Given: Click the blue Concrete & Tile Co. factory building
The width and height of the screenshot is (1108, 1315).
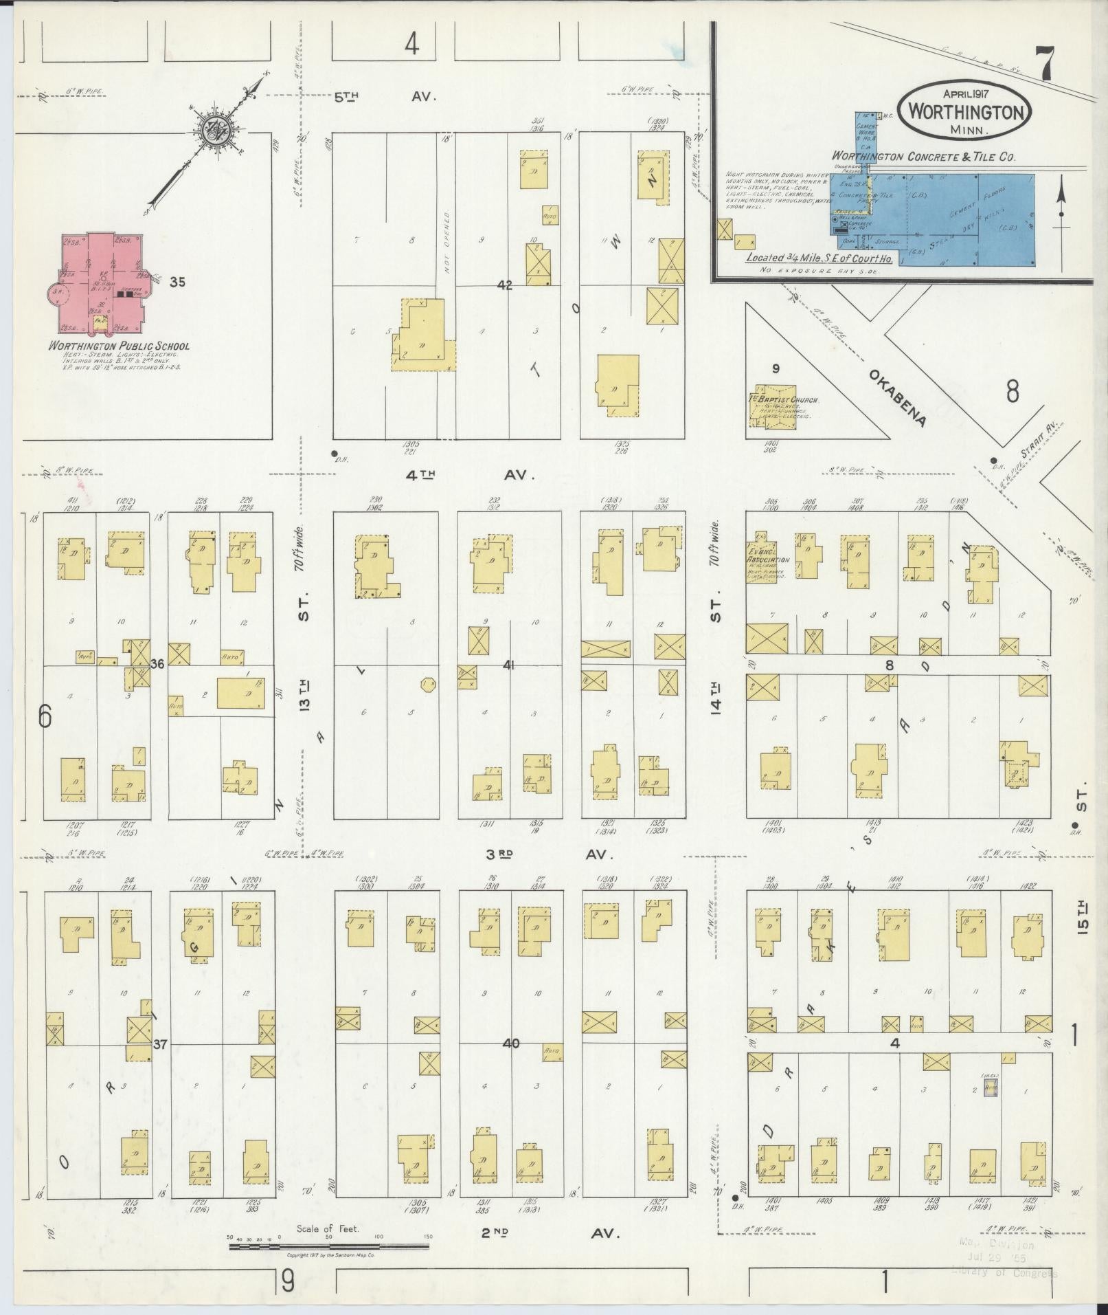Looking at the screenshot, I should coord(962,217).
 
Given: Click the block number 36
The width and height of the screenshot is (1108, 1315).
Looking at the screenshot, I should coord(157,664).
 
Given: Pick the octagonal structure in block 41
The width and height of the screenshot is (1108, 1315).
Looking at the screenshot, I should coord(427,684).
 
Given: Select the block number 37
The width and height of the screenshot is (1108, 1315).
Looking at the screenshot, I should coord(159,1063).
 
